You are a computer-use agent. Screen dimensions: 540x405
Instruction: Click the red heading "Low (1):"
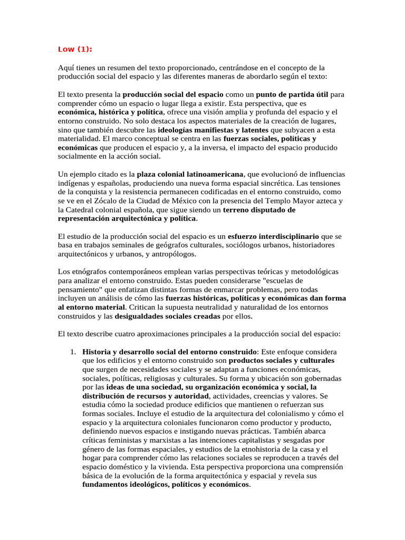pos(75,50)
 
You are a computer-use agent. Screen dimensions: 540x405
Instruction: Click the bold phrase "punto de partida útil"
pos(294,94)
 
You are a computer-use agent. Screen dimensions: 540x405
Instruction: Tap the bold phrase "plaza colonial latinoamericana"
pos(190,174)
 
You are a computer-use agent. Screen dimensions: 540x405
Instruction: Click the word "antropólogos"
pos(173,254)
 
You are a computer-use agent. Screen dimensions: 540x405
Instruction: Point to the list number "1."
pos(74,352)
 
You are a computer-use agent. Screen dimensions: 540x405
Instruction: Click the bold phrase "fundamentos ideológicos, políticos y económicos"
pos(166,485)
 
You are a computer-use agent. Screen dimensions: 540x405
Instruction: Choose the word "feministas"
pos(124,440)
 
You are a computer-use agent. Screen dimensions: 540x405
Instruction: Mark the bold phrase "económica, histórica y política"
pos(111,112)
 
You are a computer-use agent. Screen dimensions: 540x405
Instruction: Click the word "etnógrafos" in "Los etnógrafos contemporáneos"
pos(88,272)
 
